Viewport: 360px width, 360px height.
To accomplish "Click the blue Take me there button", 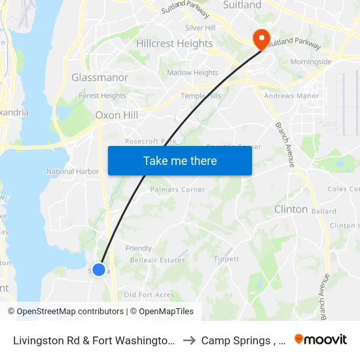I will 179,160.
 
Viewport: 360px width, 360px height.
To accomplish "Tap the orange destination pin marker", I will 261,39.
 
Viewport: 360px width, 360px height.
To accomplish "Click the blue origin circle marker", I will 99,269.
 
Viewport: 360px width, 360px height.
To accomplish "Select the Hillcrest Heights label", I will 174,44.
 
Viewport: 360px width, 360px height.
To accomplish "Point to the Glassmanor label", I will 99,77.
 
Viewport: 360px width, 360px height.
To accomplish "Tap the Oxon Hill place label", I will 117,115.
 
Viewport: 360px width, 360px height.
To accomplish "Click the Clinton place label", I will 291,209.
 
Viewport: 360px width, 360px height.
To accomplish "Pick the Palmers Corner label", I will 177,190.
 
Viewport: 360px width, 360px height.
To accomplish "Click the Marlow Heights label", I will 192,73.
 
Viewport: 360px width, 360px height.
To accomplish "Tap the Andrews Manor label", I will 291,96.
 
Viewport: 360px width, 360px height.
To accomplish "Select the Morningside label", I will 311,62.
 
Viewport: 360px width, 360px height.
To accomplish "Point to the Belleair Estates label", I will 157,260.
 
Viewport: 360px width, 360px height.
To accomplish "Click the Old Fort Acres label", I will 149,295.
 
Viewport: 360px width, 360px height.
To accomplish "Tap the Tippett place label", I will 226,259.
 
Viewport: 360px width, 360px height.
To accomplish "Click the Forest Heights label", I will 102,96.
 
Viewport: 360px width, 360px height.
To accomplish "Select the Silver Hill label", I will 200,28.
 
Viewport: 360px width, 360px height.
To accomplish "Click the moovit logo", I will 321,340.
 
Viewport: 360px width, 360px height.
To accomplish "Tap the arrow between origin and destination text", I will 189,340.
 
